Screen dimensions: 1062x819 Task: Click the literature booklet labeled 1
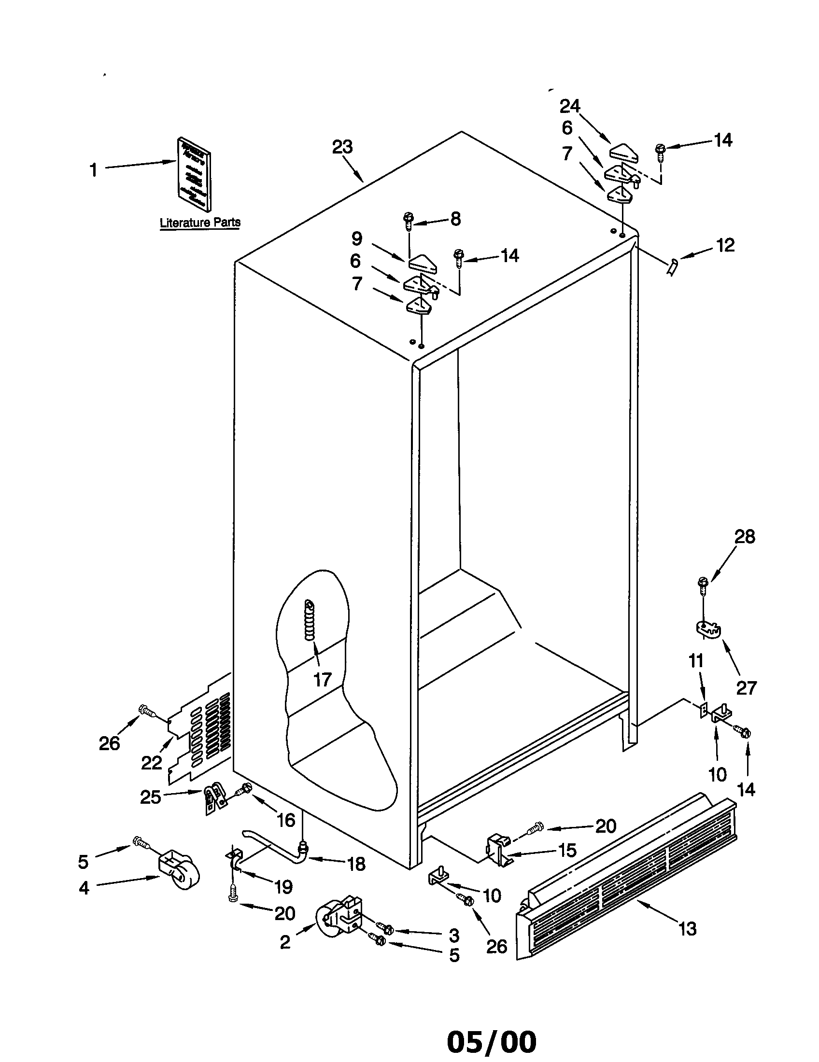195,174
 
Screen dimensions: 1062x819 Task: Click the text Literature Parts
200,223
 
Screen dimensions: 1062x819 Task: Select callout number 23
342,147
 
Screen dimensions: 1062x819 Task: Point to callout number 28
744,536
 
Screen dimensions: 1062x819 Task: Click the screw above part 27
702,586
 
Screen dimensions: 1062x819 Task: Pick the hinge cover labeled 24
626,152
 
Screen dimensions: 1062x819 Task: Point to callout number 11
696,661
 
